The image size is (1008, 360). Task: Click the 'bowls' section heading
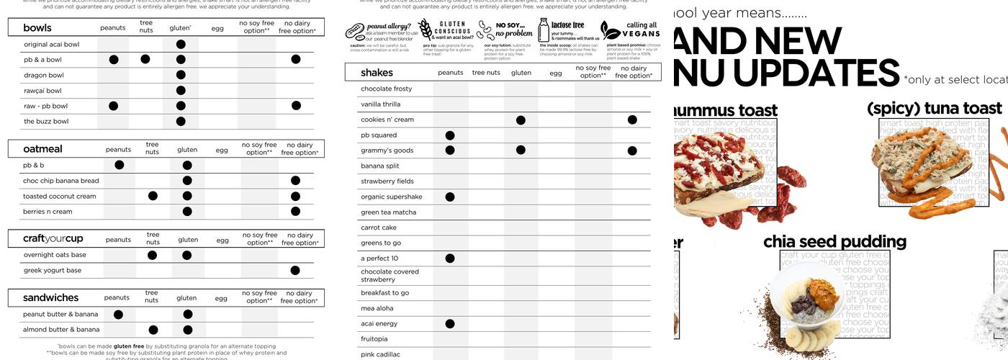(x=37, y=28)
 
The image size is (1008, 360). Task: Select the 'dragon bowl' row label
(x=44, y=75)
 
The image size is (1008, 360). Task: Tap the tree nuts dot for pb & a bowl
(x=145, y=59)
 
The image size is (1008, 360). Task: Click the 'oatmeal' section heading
(x=42, y=149)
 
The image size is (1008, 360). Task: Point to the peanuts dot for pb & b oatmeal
(x=120, y=165)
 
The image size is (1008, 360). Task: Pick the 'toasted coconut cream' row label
(x=59, y=196)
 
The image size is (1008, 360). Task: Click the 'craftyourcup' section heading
(x=53, y=238)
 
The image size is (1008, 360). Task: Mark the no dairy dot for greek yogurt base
(x=295, y=271)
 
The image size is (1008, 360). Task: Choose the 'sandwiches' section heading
(x=50, y=297)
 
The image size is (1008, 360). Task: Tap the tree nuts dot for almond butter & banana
(x=153, y=330)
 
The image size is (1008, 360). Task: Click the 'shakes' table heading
(x=377, y=73)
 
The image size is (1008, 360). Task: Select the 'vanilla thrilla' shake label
(x=380, y=104)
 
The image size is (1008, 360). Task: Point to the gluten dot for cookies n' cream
(x=521, y=120)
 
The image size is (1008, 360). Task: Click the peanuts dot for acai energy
(x=450, y=324)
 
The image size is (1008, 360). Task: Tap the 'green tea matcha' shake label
(x=388, y=212)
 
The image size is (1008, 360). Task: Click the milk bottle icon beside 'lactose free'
(x=544, y=30)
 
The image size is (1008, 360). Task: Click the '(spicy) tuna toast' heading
(x=934, y=108)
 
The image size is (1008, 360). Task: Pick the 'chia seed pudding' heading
(x=834, y=241)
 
